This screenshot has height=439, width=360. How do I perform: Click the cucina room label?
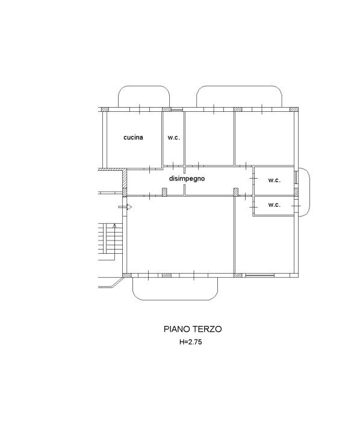coord(133,138)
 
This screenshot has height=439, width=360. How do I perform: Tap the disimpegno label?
coord(188,179)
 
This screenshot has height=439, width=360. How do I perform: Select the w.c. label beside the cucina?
coord(173,138)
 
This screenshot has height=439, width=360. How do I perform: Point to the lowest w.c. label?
coord(274,205)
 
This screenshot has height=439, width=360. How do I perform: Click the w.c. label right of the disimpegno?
coord(274,180)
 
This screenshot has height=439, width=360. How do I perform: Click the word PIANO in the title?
coord(177,329)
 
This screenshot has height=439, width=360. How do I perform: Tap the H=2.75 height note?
coord(193,342)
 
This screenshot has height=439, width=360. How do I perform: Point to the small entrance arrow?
coord(125,207)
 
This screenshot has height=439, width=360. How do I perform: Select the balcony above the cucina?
coord(144,97)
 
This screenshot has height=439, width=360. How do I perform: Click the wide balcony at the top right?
coord(240,97)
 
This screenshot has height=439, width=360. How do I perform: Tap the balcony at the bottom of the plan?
coord(175,288)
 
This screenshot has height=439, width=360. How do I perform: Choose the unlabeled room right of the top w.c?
coord(208,138)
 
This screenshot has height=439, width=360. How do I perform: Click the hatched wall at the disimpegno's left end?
coord(125,182)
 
